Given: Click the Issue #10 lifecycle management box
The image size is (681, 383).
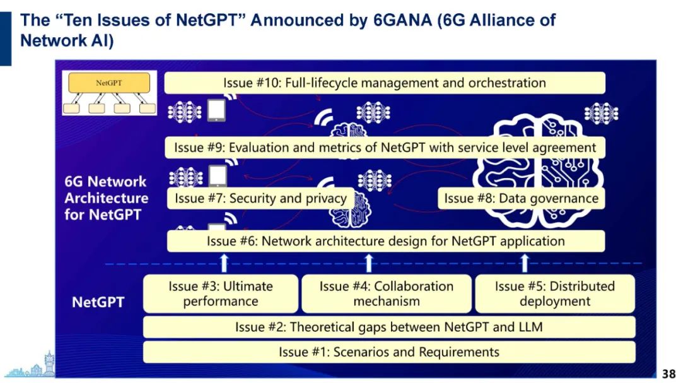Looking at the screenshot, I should coord(385,83).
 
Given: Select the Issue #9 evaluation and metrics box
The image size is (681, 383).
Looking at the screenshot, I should coord(385,148).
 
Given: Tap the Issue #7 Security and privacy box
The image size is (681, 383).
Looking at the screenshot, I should coord(260,198).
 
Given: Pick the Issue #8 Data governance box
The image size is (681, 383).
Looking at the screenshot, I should coord(521,198).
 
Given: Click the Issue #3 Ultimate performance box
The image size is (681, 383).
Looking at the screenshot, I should coord(221,293).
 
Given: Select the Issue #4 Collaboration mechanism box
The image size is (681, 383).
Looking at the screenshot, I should coord(386,293).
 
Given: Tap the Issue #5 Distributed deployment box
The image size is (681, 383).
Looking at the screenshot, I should coord(554,293).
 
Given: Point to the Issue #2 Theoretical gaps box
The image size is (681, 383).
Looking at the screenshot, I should coord(388,327).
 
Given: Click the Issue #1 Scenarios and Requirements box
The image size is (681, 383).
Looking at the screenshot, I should coord(388,351).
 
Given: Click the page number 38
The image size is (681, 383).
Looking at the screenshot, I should coord(668,374).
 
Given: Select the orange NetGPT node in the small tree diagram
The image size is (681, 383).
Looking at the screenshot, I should coord(110,83).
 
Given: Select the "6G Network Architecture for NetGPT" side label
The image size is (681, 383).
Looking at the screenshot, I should coord(106,197).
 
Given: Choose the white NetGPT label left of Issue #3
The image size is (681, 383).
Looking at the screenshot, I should coord(98,302).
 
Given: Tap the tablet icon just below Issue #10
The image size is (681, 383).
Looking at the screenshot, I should coord(216,110).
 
